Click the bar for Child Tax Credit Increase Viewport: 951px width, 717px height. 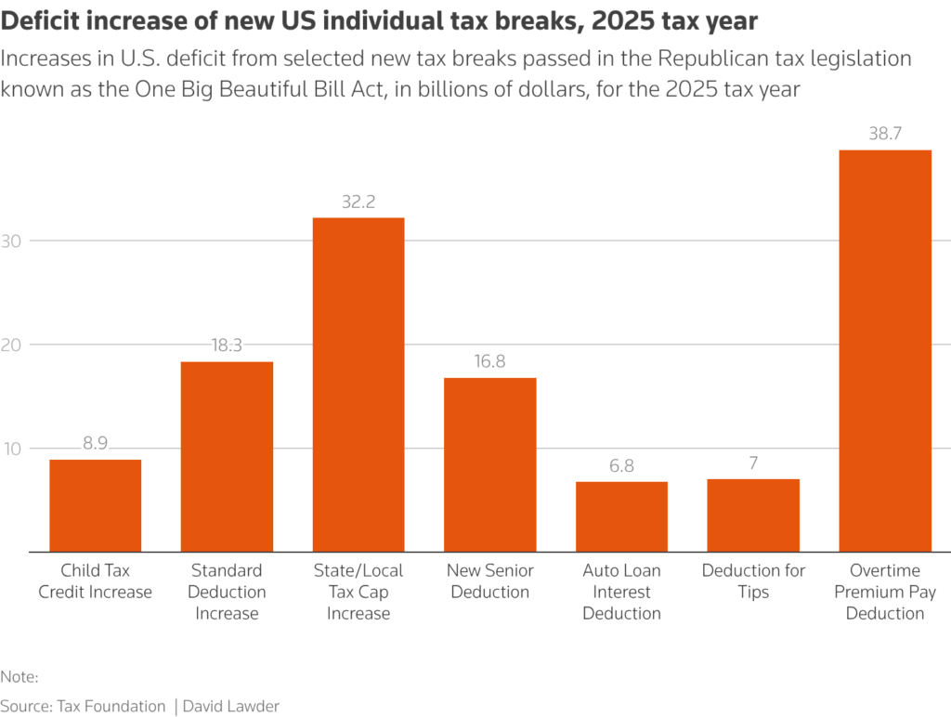(x=95, y=505)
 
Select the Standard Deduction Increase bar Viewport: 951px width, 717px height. (x=227, y=456)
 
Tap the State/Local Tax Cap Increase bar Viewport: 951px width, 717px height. (x=358, y=385)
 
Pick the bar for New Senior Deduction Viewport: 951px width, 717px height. (x=489, y=464)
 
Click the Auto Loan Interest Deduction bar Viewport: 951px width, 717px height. (x=621, y=516)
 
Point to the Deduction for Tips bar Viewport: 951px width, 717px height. (x=753, y=515)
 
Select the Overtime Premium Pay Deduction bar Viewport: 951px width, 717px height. (x=884, y=351)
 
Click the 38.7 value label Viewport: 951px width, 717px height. (x=884, y=134)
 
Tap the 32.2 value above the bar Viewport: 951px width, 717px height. (x=358, y=202)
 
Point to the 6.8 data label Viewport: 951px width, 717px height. (x=621, y=465)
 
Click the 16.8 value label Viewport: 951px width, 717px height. (x=489, y=361)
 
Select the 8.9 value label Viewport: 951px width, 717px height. (x=95, y=443)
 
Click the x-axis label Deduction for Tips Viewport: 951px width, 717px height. (x=753, y=580)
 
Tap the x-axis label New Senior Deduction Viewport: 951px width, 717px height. (x=489, y=580)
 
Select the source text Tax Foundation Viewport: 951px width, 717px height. (x=111, y=706)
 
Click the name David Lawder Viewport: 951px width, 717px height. (x=232, y=706)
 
